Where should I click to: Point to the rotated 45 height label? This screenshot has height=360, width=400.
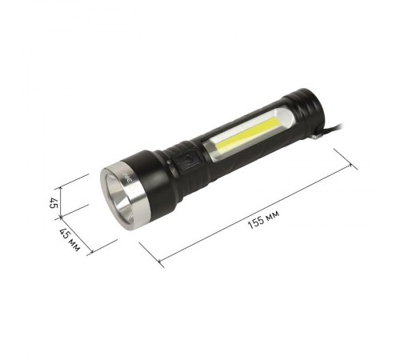point(54,202)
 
